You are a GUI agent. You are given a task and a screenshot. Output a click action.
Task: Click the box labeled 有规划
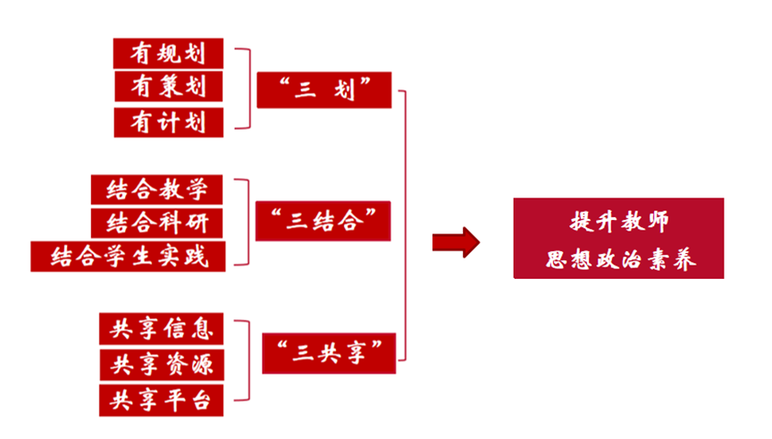tap(168, 53)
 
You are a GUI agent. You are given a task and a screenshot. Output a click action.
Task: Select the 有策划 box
tap(168, 87)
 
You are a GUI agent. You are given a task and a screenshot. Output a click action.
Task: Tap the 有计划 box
tap(168, 122)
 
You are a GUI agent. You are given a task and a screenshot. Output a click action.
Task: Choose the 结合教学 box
tap(156, 190)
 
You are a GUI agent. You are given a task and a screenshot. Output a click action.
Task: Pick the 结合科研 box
tap(156, 223)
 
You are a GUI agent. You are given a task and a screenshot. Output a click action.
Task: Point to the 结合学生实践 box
tap(127, 256)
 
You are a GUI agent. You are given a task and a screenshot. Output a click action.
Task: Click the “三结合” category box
tap(323, 221)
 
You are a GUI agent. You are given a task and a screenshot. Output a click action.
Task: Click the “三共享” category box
tap(329, 352)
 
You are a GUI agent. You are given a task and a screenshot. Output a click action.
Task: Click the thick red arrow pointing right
tap(455, 242)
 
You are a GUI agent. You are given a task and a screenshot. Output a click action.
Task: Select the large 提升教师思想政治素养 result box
tap(618, 239)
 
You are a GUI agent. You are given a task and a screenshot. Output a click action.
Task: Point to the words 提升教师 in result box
tap(619, 220)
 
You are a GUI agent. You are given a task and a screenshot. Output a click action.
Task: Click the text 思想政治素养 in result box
tap(619, 259)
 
